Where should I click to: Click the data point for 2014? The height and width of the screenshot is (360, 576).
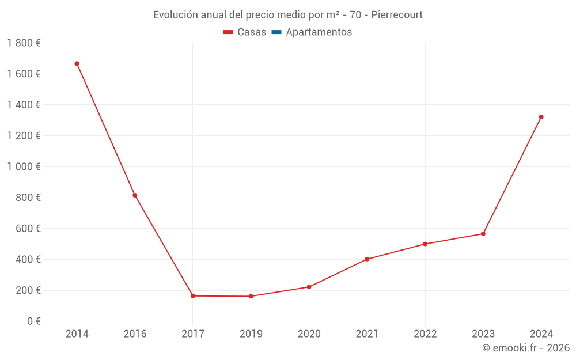pyautogui.click(x=77, y=63)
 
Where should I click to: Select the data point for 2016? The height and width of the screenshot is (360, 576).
pyautogui.click(x=135, y=195)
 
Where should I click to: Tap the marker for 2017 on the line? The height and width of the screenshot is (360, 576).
pyautogui.click(x=193, y=296)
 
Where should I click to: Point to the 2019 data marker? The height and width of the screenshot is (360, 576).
pyautogui.click(x=251, y=296)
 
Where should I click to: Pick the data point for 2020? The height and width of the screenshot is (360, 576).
pyautogui.click(x=309, y=287)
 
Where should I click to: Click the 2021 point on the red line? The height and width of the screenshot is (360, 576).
pyautogui.click(x=367, y=259)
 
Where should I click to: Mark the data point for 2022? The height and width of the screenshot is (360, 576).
pyautogui.click(x=425, y=244)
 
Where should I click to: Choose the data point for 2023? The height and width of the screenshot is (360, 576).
pyautogui.click(x=483, y=234)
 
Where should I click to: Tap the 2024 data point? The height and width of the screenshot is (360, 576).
pyautogui.click(x=541, y=117)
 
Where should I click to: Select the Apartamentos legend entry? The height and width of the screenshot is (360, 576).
pyautogui.click(x=319, y=32)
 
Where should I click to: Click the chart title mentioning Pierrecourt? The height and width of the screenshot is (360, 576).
pyautogui.click(x=288, y=15)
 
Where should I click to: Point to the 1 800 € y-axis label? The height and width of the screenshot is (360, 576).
pyautogui.click(x=24, y=43)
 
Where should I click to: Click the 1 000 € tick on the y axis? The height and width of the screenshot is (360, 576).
pyautogui.click(x=24, y=166)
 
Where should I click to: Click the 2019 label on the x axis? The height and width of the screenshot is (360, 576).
pyautogui.click(x=251, y=334)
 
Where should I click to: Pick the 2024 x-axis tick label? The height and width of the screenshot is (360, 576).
pyautogui.click(x=541, y=334)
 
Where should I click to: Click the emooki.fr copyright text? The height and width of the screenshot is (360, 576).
pyautogui.click(x=526, y=348)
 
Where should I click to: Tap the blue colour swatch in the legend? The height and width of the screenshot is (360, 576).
pyautogui.click(x=276, y=32)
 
